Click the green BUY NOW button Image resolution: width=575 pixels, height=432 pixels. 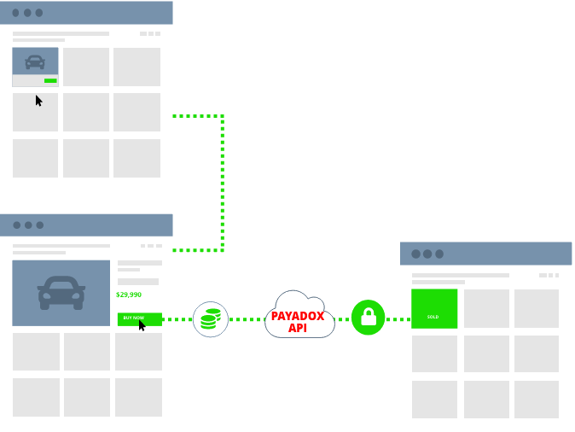tap(134, 318)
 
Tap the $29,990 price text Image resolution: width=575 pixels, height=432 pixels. tap(129, 295)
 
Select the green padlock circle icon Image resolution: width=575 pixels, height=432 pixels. tap(369, 318)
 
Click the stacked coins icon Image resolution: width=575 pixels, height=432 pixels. tap(210, 319)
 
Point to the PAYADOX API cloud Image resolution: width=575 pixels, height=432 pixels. tap(299, 316)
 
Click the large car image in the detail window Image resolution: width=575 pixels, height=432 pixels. tap(61, 293)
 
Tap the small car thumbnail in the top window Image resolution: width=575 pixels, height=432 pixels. tap(35, 61)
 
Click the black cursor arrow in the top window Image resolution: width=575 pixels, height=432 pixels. tap(38, 100)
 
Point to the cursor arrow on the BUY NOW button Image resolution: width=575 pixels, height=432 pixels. tap(142, 325)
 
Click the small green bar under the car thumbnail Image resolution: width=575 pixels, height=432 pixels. tap(50, 81)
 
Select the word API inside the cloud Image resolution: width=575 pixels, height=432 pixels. tap(298, 328)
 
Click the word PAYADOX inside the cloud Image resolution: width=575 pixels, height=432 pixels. tap(298, 316)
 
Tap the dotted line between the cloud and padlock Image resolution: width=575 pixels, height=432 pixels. tap(342, 319)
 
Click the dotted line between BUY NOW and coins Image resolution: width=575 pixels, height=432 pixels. tap(177, 319)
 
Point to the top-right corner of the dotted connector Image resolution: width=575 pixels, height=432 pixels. tap(223, 115)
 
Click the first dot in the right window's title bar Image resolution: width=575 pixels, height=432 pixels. tap(415, 254)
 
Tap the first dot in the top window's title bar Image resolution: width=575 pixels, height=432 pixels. tap(15, 13)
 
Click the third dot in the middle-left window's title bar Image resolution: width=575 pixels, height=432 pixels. tap(40, 225)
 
